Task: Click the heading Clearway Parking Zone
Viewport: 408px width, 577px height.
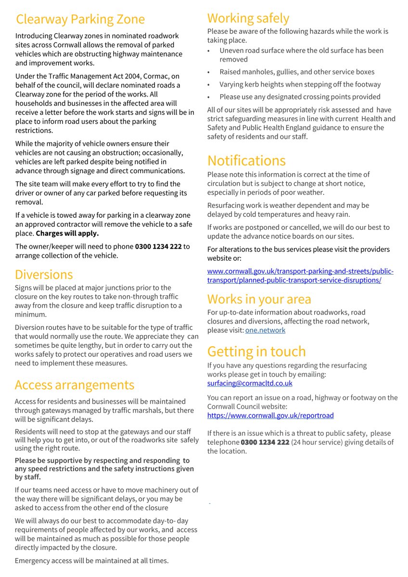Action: click(x=80, y=19)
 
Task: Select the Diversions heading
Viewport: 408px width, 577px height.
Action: click(x=44, y=275)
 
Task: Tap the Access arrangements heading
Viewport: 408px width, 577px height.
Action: click(x=75, y=385)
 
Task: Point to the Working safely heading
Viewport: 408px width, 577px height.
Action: click(x=248, y=18)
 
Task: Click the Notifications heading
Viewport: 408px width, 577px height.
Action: click(x=246, y=160)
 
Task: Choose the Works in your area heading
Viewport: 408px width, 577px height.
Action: click(x=259, y=299)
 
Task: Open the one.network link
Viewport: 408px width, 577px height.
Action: click(x=265, y=330)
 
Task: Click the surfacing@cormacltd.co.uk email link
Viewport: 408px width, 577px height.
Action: click(x=250, y=383)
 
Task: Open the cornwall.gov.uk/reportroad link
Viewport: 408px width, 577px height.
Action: click(x=270, y=415)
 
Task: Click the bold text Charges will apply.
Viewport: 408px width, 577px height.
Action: click(x=67, y=234)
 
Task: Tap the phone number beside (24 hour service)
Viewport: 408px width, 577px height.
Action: click(x=265, y=442)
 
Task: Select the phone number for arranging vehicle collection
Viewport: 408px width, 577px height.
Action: click(x=158, y=247)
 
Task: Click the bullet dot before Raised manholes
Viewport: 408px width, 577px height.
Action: click(x=209, y=72)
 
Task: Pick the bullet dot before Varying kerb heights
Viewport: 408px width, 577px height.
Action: click(x=209, y=85)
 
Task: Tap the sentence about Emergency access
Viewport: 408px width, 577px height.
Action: click(x=91, y=561)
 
